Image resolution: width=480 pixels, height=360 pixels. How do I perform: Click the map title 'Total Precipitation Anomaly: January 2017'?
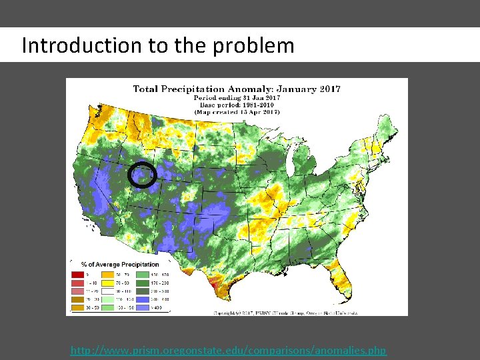237,89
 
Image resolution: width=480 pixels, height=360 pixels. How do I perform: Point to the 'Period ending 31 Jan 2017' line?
237,98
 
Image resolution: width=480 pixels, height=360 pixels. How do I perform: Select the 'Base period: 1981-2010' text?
237,105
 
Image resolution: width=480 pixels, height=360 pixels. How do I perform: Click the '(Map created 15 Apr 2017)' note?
237,113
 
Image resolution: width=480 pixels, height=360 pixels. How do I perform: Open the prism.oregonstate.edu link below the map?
228,350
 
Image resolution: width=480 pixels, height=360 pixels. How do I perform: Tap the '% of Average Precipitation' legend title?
120,265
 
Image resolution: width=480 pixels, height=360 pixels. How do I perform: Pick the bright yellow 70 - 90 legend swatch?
107,283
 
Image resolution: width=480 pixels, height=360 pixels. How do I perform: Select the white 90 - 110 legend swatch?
107,291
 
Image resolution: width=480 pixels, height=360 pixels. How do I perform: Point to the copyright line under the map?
285,311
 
